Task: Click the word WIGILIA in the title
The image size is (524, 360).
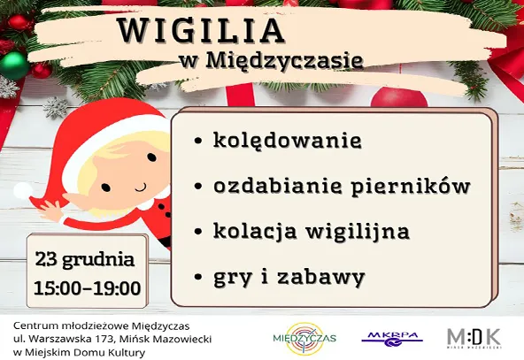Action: (x=201, y=30)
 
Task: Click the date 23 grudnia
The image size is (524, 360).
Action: (x=85, y=261)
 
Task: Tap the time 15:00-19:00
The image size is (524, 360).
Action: (x=87, y=287)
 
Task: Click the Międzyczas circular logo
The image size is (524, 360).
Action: (x=304, y=338)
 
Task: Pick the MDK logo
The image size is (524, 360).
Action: (x=474, y=337)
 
